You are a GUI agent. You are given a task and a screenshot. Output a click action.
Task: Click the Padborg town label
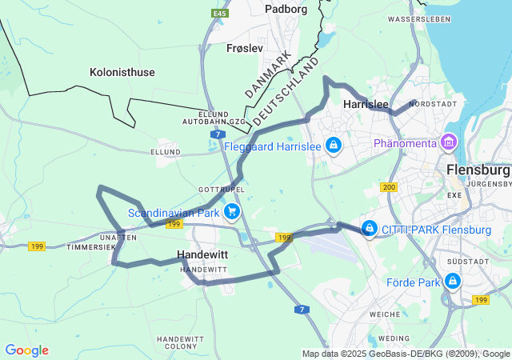286,10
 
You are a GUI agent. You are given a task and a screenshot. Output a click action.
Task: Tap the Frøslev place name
245,48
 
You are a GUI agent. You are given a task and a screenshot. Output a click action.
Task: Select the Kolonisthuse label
122,72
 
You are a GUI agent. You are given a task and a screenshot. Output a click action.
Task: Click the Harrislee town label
366,104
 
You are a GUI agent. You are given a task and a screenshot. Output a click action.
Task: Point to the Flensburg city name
478,170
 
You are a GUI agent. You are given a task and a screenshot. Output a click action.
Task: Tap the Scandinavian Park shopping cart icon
231,211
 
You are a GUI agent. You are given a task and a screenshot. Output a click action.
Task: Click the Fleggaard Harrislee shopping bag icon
334,146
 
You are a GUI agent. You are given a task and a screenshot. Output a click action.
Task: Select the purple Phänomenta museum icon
449,143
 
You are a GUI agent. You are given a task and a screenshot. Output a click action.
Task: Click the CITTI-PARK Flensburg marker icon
369,229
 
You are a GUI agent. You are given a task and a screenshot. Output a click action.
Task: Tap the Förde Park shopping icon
453,282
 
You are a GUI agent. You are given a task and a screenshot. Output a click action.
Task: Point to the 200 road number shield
389,187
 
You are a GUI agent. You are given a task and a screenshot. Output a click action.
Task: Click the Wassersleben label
415,18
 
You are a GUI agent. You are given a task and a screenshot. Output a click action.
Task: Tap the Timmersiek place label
91,247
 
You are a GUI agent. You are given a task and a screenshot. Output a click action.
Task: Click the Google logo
26,350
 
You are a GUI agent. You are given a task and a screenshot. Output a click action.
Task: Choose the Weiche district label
386,314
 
